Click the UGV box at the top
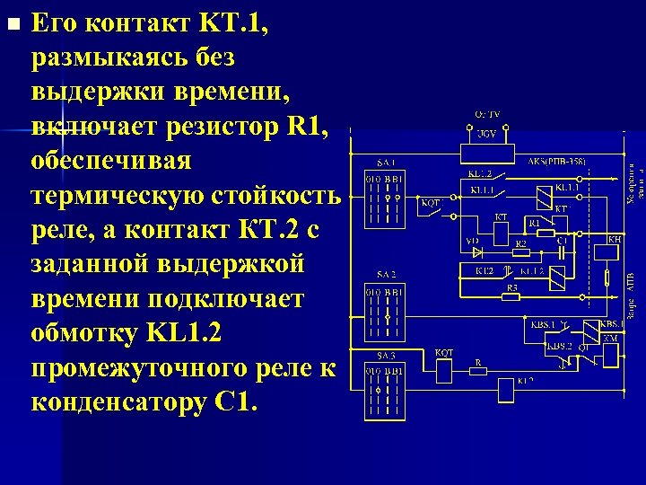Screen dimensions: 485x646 click(486, 135)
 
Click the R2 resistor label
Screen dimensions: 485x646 click(520, 242)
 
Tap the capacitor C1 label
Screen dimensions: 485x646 click(562, 242)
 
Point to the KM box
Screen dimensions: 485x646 click(610, 353)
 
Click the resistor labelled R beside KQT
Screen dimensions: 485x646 click(479, 370)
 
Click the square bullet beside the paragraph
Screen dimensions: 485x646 click(12, 24)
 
